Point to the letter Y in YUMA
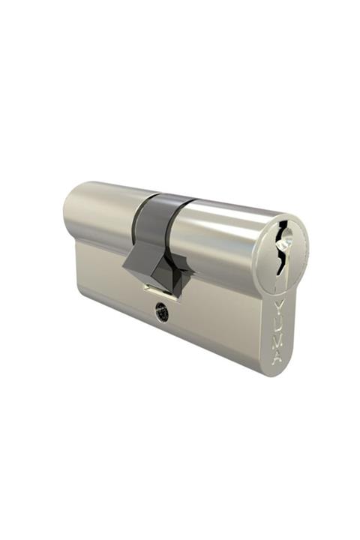(279, 308)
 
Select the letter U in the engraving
(278, 324)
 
